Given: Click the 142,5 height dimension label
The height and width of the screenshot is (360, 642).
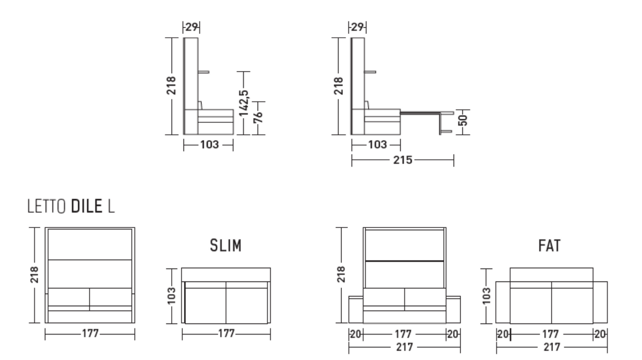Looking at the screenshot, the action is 244,103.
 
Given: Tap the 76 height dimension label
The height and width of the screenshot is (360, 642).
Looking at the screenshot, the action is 258,117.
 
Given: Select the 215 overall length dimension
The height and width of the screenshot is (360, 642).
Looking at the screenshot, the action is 403,160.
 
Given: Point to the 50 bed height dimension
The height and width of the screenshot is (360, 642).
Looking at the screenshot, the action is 463,120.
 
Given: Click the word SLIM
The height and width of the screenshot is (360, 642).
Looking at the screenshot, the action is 226,246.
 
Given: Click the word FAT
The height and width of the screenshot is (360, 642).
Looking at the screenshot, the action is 550,246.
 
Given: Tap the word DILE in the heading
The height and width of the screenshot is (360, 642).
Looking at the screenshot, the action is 87,206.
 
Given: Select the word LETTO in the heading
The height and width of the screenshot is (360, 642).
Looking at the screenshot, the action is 47,206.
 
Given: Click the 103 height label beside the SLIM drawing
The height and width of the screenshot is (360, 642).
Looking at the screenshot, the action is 171,296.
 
